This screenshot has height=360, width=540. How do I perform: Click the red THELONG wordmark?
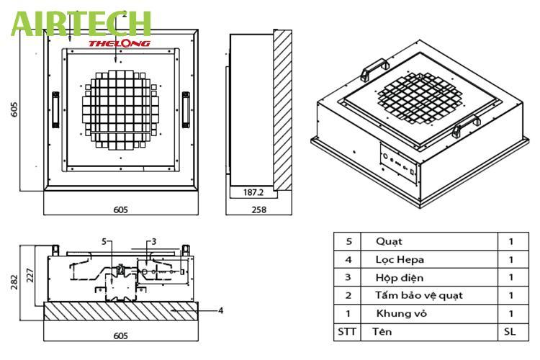[120, 43]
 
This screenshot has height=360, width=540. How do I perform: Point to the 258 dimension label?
[258, 210]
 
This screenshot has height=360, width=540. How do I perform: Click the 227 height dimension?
[30, 275]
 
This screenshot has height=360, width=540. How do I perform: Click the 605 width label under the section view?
[121, 336]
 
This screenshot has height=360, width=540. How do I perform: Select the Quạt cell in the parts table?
[389, 241]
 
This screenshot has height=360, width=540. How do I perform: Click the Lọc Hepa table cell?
[399, 259]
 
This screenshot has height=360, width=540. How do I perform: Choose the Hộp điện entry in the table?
[400, 277]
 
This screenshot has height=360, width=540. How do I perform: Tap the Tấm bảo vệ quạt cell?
[418, 295]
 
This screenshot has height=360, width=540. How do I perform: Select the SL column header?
[511, 331]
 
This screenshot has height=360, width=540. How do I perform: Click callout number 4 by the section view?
[220, 310]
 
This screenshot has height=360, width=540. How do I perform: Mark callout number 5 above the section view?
[104, 240]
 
